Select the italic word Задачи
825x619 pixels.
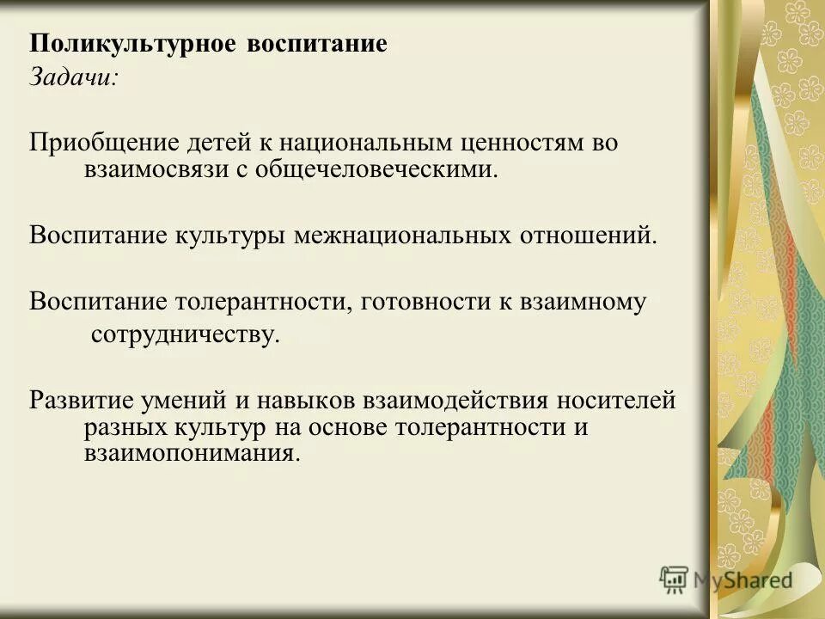click(74, 77)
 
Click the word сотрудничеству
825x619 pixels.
click(186, 334)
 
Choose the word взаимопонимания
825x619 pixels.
click(192, 453)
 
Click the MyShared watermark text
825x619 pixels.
click(741, 579)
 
